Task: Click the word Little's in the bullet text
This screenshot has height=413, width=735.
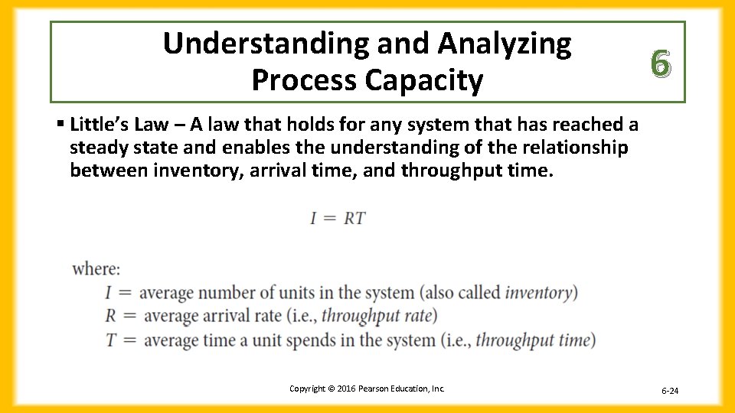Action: [97, 124]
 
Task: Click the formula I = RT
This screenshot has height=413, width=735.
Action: [338, 219]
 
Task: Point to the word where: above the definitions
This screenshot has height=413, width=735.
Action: [96, 269]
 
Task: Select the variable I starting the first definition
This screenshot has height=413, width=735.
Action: [109, 292]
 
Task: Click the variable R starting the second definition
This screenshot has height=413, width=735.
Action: [110, 316]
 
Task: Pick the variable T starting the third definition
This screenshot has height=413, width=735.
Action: [110, 340]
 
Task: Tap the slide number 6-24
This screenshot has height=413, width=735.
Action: [669, 391]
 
